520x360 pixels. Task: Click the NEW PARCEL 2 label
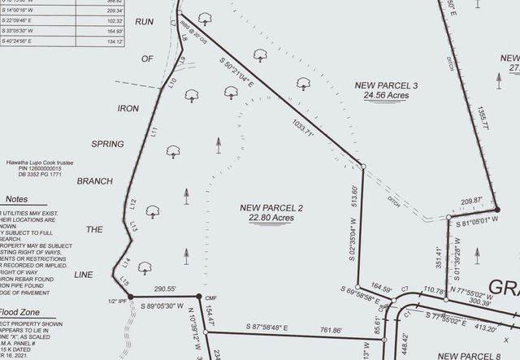271,208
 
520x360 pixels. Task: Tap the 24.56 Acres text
386,95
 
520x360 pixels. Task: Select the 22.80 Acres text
271,218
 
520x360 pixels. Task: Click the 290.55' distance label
166,288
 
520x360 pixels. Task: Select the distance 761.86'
331,330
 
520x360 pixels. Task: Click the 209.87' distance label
471,201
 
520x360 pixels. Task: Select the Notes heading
16,199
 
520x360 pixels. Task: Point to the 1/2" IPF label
118,302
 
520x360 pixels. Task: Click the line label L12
132,205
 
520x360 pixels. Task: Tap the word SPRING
106,144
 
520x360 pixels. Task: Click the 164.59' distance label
381,288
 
